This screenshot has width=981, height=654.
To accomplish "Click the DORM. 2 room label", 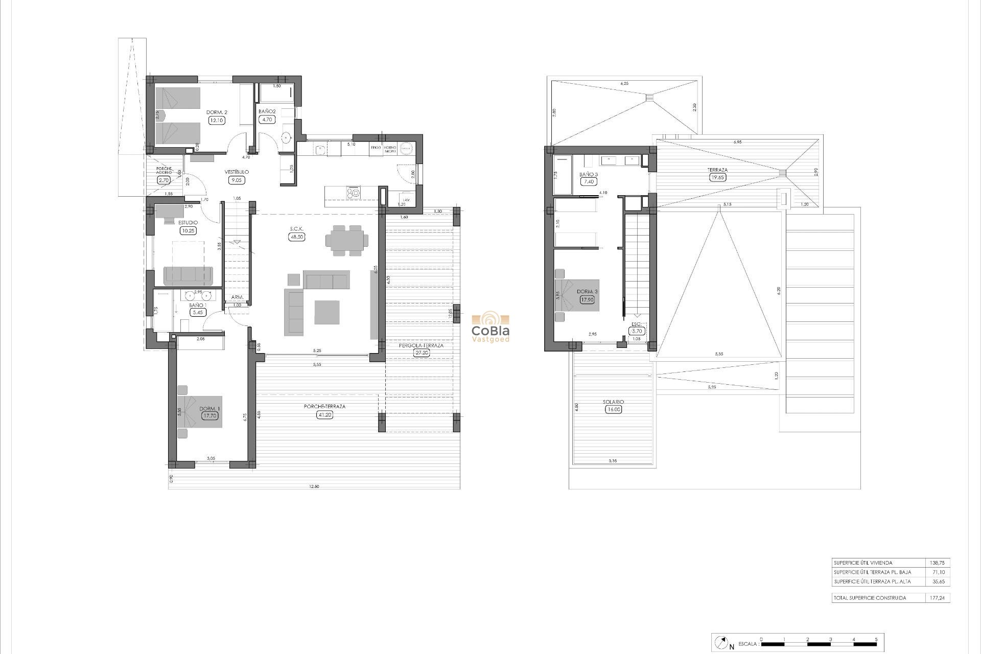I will tap(217, 112).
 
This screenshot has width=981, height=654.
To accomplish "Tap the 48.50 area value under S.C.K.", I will tap(296, 237).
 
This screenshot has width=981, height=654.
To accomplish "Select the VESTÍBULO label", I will tap(237, 172).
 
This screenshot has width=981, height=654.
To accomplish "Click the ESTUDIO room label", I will tap(188, 223).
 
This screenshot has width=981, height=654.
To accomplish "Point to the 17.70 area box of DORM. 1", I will tap(209, 416).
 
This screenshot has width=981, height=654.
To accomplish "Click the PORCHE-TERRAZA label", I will tap(324, 407).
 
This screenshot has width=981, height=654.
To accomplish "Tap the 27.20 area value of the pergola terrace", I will tap(422, 353).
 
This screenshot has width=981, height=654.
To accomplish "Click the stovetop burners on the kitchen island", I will tap(353, 193).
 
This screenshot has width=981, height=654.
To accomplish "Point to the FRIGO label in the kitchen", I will tap(376, 147).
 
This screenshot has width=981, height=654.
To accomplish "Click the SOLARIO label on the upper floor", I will tap(613, 402).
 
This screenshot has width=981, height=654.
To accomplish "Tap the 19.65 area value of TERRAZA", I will tap(718, 178).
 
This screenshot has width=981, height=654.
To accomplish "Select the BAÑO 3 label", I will tap(589, 174).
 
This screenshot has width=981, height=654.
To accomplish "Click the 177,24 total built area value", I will tap(937, 598).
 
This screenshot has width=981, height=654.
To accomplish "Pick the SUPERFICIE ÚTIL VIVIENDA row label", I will tap(863, 563).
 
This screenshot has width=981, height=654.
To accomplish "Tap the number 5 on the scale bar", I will tap(876, 639).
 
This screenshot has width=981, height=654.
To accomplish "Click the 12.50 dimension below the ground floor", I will tap(314, 486).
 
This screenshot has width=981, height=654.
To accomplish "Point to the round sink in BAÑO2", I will tap(286, 136).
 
